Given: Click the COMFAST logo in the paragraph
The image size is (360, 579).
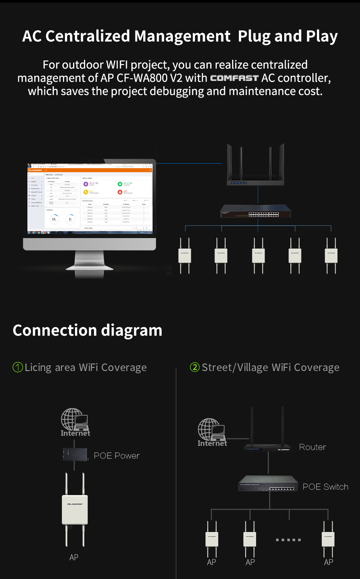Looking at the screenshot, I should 234,78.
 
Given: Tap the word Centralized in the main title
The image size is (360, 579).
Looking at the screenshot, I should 89,36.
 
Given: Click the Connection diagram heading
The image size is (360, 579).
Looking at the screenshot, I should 87,331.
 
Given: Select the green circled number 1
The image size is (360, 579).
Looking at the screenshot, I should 18,367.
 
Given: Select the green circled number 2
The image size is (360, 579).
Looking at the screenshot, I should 195,367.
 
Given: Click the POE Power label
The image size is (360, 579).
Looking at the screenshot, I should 116,456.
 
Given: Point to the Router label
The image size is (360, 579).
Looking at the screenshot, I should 312,447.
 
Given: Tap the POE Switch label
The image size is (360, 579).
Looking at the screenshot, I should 325,487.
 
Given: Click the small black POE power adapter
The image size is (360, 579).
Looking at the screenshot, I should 75,455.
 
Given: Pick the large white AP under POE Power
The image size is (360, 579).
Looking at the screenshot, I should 75,510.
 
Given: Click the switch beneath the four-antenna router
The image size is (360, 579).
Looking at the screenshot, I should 256,212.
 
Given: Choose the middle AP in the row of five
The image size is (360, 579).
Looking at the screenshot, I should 258,256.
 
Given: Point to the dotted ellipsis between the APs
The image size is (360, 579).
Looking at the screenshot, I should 288,540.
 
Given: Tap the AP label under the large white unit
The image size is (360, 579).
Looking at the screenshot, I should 74,557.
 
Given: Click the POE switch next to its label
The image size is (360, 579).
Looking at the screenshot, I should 268,484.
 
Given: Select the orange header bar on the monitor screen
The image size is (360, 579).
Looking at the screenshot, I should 90,170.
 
